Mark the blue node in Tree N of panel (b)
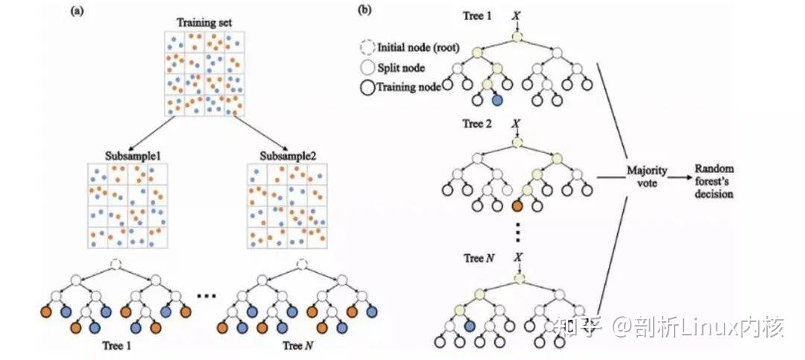tap(470, 324)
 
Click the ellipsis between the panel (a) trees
tap(206, 296)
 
